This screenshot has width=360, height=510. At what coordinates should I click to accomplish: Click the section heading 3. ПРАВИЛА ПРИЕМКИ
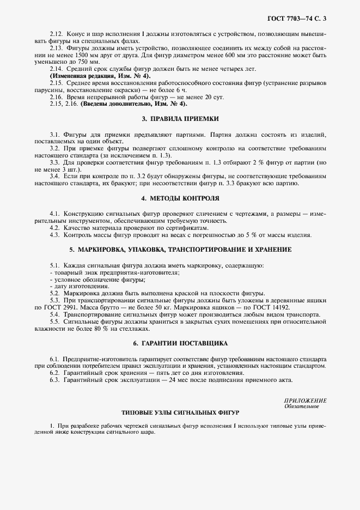point(180,118)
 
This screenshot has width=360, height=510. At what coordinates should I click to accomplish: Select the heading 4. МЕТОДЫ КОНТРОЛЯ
point(180,198)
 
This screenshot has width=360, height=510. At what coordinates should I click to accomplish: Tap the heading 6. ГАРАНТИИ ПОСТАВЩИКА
point(180,343)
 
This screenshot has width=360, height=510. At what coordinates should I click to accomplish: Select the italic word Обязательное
point(302,406)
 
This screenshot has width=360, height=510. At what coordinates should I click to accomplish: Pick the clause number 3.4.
point(54,176)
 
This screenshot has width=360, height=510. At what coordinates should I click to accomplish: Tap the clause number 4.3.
point(54,235)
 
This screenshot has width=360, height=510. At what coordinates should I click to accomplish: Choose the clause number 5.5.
point(54,321)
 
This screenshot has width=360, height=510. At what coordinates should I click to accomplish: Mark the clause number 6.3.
point(54,380)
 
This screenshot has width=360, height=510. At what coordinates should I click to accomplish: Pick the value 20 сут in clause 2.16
point(174,96)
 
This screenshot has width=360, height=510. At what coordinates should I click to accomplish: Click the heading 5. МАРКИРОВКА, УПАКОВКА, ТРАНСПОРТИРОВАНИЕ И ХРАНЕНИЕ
point(180,250)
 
